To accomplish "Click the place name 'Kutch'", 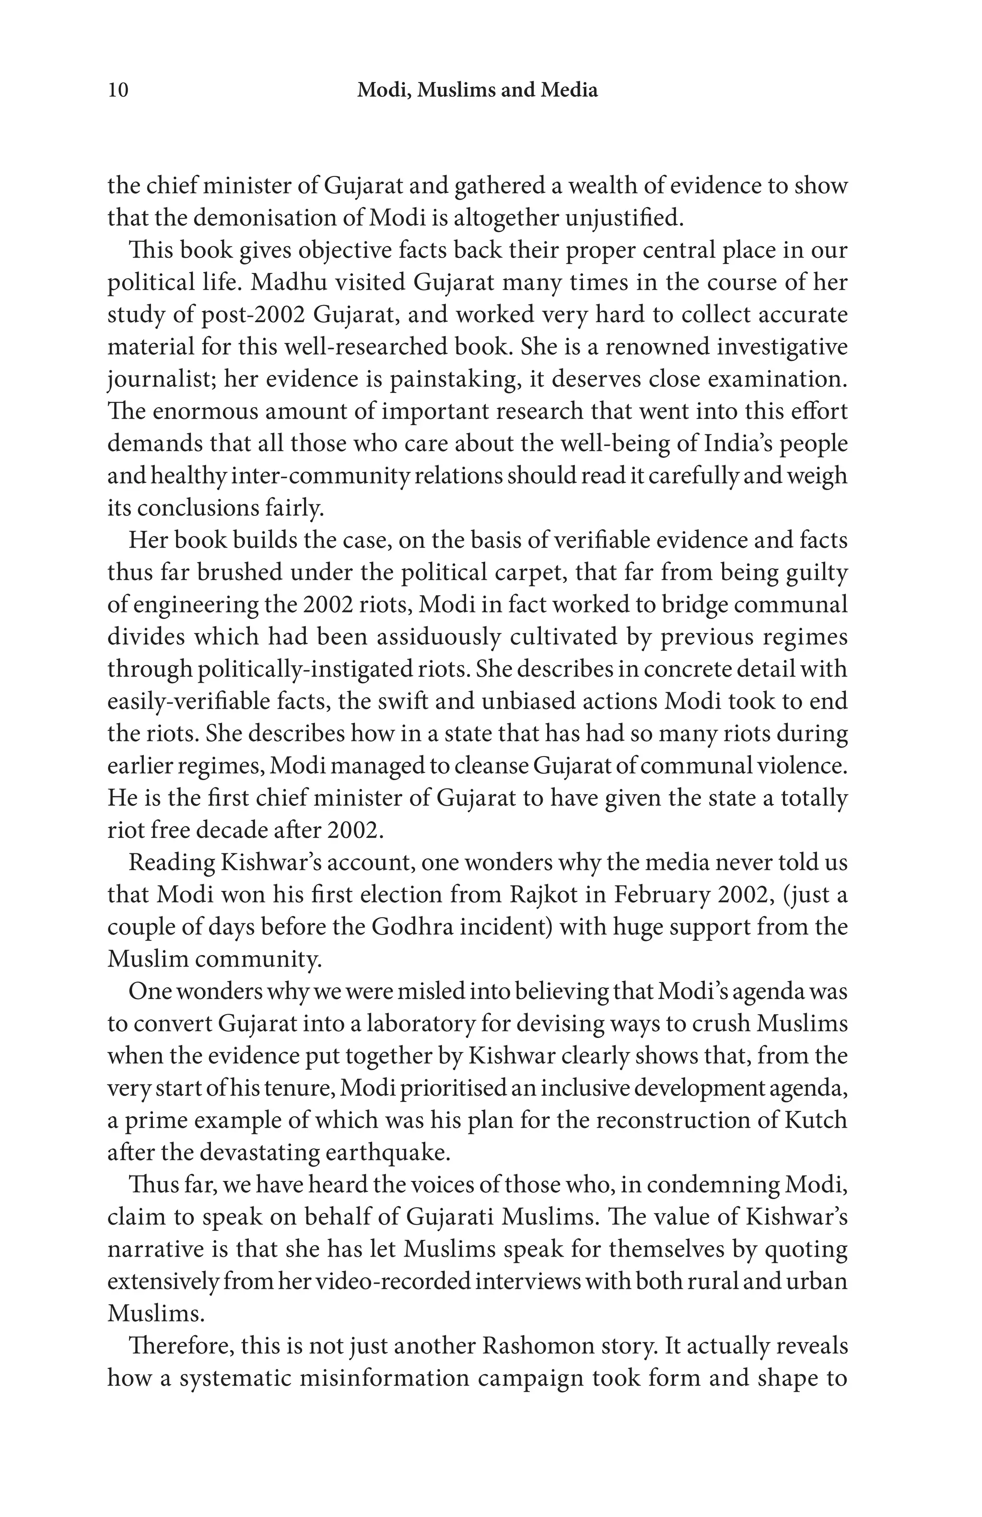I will click(814, 1120).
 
